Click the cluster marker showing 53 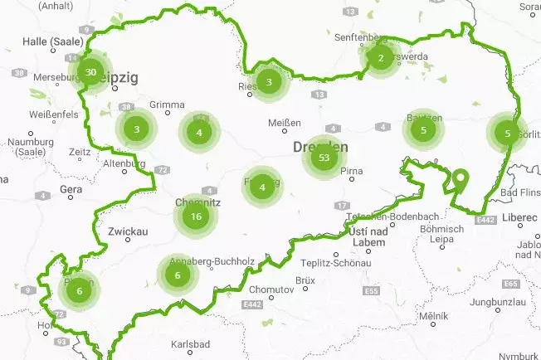[x=324, y=158]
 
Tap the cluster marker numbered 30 [x=91, y=71]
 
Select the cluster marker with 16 [x=196, y=216]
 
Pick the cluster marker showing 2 [x=380, y=57]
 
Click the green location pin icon [x=461, y=179]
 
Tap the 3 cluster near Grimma [x=137, y=129]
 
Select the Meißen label [x=285, y=124]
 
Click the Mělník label [x=434, y=316]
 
